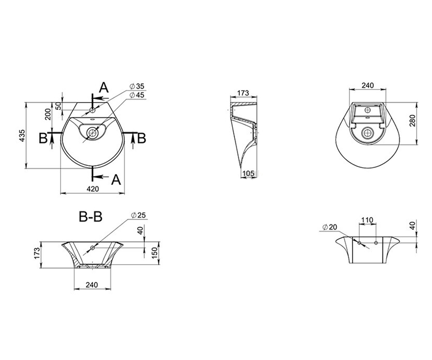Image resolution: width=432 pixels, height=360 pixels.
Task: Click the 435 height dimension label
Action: click(x=22, y=135)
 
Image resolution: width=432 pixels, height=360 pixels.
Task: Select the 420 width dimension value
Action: click(x=93, y=189)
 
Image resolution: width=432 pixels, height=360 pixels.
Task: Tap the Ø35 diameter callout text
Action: click(x=137, y=86)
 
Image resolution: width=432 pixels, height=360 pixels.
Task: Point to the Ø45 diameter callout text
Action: click(x=137, y=95)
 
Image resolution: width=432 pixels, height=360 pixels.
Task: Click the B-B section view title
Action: click(x=91, y=217)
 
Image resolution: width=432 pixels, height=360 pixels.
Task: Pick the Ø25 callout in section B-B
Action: click(x=138, y=215)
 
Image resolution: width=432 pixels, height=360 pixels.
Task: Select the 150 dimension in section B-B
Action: click(x=155, y=253)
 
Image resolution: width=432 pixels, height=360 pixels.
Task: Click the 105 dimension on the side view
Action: click(x=248, y=174)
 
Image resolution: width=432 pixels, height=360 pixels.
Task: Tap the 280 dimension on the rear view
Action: click(x=412, y=121)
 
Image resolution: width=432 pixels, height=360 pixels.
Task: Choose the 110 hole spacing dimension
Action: click(x=367, y=220)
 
